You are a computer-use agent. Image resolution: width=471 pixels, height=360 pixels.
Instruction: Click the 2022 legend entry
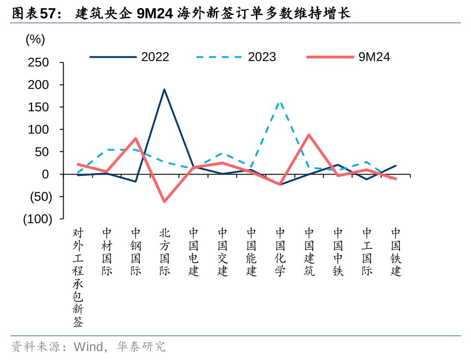[x=130, y=57]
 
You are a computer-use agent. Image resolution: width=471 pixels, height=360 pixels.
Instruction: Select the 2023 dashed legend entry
[x=236, y=57]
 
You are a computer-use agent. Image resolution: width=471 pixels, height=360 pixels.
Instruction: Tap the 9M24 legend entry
[x=348, y=57]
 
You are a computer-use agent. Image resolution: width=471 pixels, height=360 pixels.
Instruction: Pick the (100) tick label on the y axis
[x=38, y=219]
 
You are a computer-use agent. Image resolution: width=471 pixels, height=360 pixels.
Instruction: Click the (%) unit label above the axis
[x=35, y=40]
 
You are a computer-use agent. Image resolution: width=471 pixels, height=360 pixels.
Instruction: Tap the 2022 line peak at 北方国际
[x=164, y=89]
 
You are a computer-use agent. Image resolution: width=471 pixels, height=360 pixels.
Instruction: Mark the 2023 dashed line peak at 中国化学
[x=280, y=102]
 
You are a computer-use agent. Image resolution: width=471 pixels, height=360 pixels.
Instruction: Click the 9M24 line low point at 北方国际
[x=164, y=201]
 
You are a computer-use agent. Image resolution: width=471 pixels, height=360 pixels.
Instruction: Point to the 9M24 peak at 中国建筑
[x=309, y=135]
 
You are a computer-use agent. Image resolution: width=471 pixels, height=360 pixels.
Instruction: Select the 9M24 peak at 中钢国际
[x=135, y=138]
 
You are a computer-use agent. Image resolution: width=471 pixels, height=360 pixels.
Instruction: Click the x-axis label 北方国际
[x=165, y=252]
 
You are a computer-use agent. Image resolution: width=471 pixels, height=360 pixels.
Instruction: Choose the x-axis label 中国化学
[x=281, y=252]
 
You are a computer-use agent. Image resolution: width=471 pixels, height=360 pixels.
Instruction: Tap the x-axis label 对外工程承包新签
[x=78, y=277]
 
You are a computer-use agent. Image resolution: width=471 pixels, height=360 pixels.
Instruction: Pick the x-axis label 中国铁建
[x=396, y=252]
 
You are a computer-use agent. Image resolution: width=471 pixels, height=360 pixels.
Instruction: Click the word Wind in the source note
[x=88, y=347]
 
